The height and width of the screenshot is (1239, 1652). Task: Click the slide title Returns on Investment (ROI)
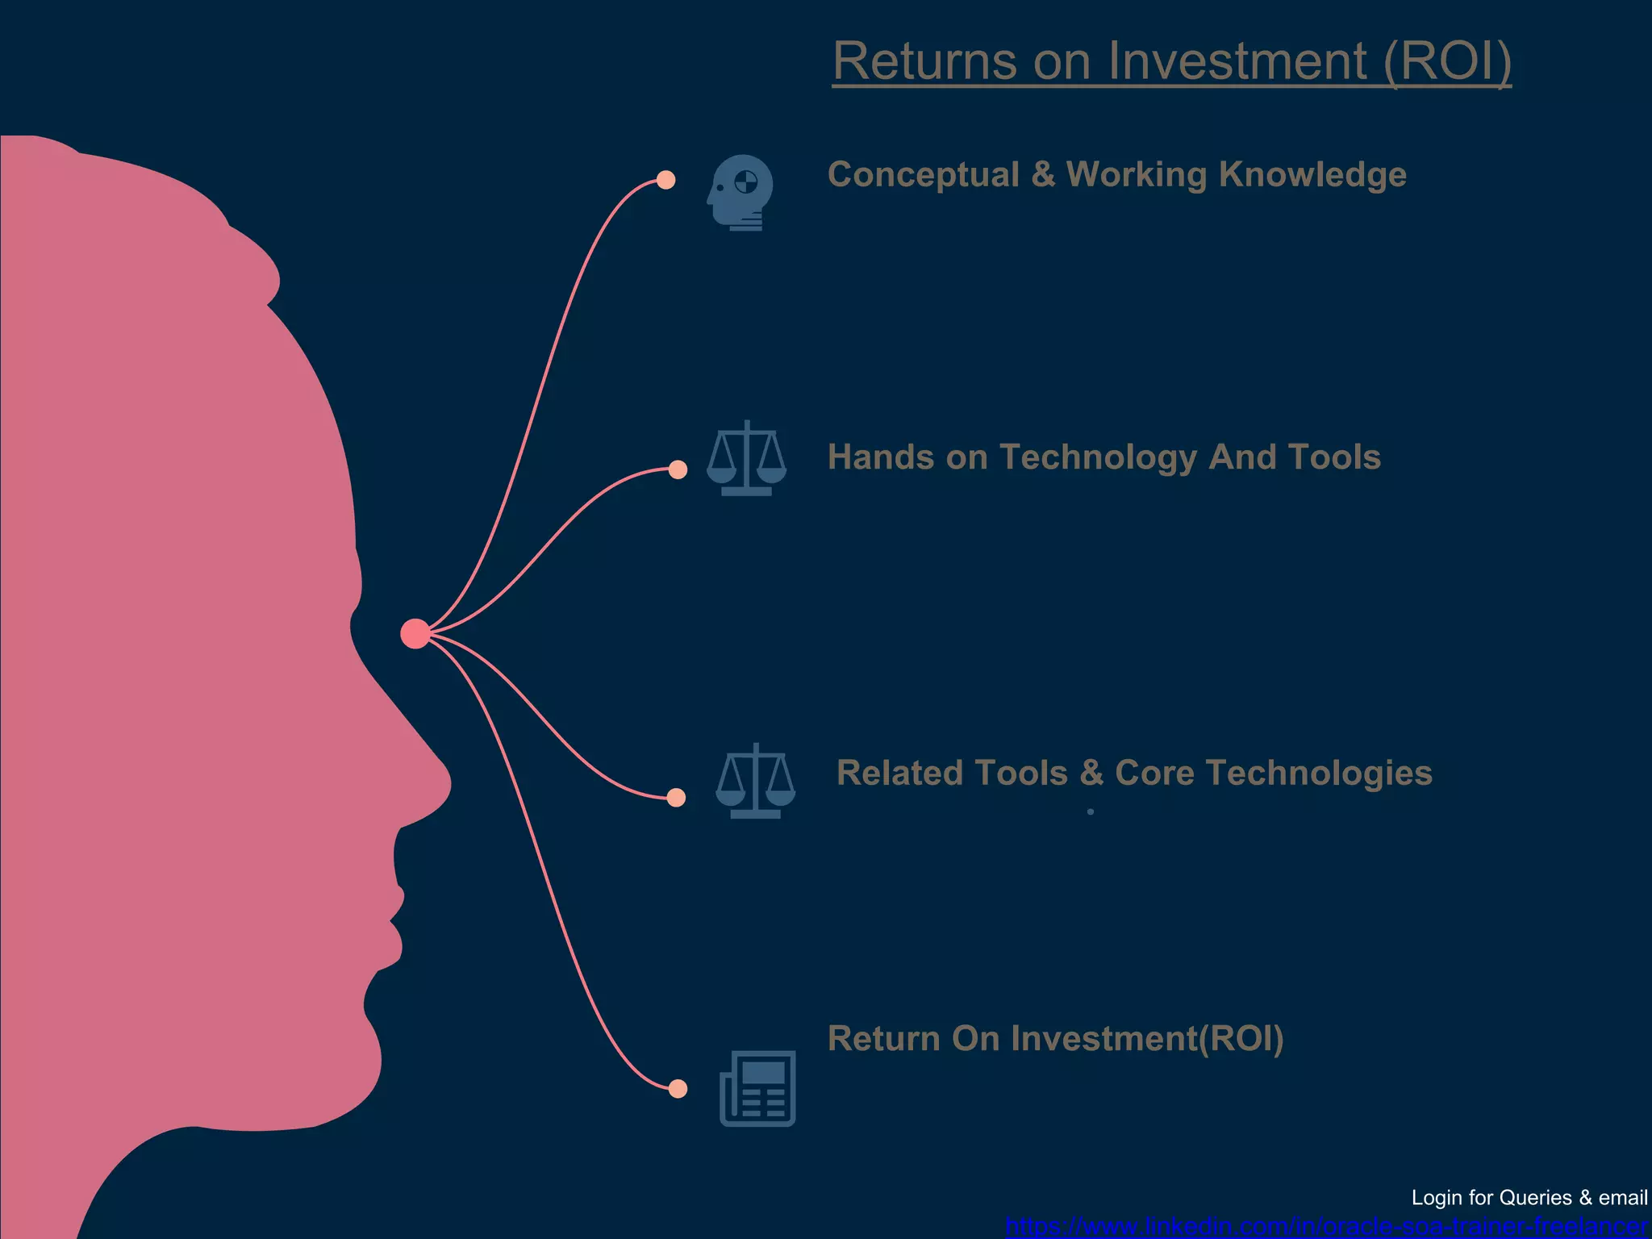pos(1171,61)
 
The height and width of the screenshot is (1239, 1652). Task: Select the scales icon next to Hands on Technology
pos(746,458)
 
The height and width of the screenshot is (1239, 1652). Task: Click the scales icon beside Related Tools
pos(755,781)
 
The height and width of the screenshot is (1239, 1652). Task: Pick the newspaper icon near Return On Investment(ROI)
pos(757,1088)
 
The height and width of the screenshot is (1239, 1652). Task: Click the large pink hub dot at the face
pos(415,634)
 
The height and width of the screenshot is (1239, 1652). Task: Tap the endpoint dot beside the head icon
pos(665,180)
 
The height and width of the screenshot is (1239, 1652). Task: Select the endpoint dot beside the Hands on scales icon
pos(678,469)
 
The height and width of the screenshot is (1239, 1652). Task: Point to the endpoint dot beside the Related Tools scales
pos(676,798)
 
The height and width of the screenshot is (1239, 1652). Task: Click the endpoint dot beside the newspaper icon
pos(678,1089)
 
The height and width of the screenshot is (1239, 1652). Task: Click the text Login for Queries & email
pos(1529,1198)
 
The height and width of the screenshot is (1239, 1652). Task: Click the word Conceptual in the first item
pos(923,175)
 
